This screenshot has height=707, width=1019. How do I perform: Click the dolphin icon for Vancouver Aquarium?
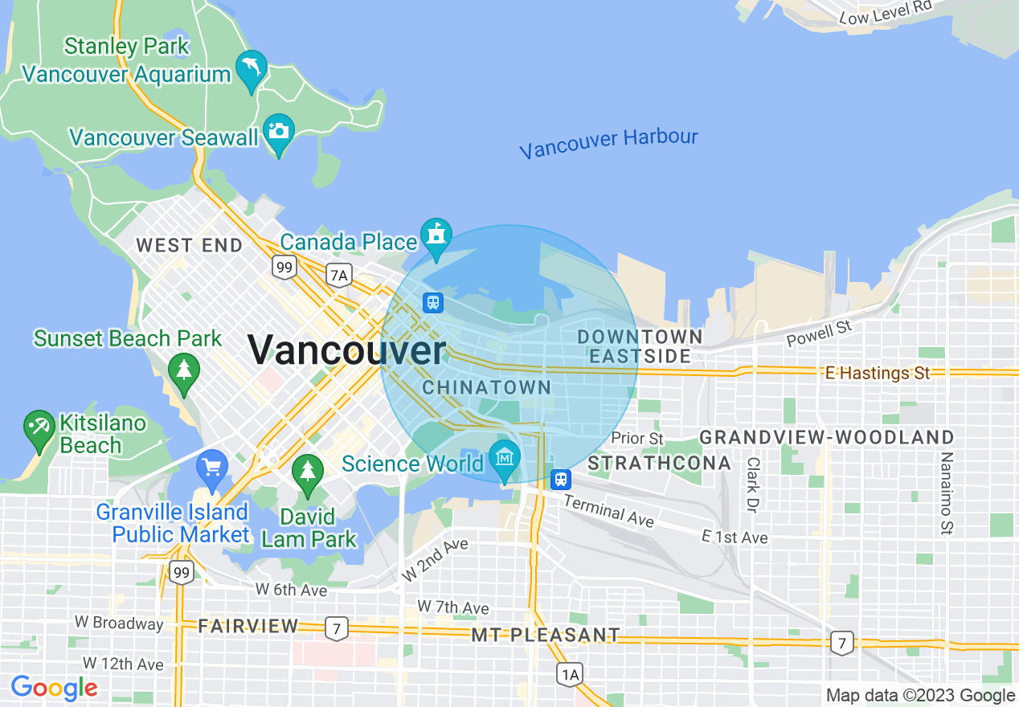tap(252, 70)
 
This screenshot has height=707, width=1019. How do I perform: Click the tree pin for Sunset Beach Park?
tap(184, 371)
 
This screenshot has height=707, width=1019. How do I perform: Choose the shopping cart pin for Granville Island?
tap(212, 468)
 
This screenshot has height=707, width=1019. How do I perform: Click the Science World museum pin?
tap(504, 459)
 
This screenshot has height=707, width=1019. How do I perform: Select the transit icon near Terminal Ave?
tap(561, 480)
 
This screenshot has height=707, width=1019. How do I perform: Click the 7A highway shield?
tap(339, 276)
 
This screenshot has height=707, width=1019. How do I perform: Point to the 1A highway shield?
tap(570, 674)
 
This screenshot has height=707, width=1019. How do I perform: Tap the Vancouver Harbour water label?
tap(608, 144)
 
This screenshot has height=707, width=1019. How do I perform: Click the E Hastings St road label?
tap(878, 373)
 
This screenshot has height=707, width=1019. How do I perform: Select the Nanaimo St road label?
tap(947, 492)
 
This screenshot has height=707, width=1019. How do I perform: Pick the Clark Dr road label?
tap(753, 484)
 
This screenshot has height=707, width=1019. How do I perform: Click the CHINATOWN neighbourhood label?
tap(487, 387)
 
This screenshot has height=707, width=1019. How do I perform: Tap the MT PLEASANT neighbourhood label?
tap(546, 635)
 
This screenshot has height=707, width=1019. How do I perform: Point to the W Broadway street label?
tap(119, 623)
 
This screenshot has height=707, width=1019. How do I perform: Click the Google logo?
tap(54, 688)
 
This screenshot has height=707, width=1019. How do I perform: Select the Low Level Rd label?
tap(885, 12)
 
